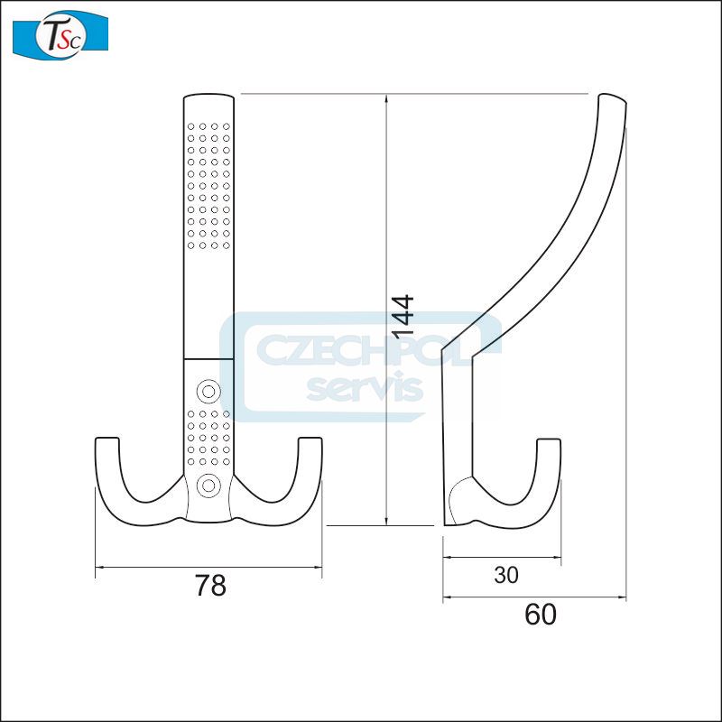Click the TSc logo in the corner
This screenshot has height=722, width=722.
60,34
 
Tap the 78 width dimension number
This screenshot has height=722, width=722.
210,586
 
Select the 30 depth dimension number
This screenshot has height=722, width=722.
507,575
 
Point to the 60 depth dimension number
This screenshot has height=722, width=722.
540,615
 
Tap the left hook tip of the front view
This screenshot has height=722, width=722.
107,443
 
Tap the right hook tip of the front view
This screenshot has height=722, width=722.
309,443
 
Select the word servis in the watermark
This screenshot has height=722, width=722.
365,389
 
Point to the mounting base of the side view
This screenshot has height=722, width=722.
457,505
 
